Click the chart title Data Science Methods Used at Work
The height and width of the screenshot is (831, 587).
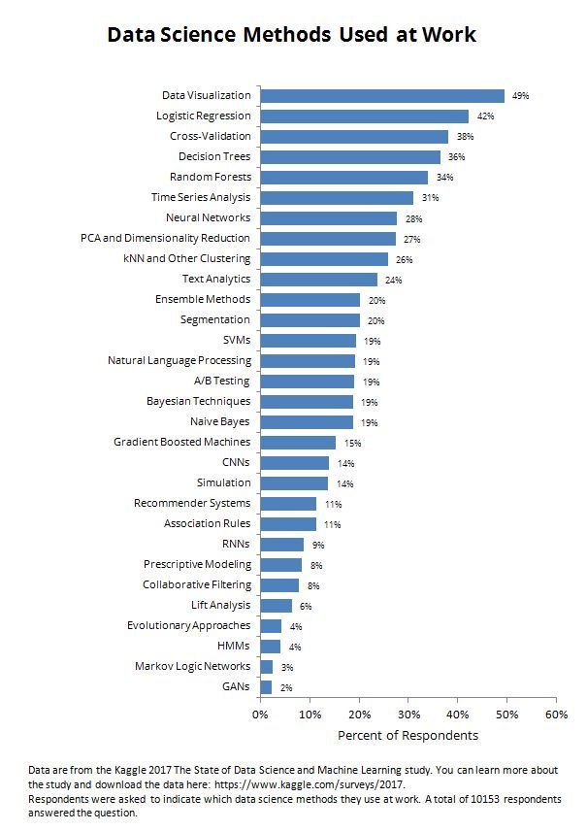click(292, 35)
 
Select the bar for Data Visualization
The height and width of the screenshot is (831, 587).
click(382, 95)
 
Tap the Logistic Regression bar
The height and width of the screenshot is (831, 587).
click(364, 116)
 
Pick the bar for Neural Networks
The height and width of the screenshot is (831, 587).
click(329, 218)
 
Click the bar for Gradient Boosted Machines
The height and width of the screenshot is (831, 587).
click(298, 443)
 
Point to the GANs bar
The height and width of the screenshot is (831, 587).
click(266, 687)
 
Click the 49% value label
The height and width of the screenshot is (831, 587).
click(520, 96)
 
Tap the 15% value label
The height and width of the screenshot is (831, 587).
click(352, 443)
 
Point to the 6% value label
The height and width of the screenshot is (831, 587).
click(306, 606)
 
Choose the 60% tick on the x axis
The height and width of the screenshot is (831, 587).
click(556, 715)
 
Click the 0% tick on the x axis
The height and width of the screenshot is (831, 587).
click(259, 715)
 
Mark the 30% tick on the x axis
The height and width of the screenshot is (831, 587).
click(408, 715)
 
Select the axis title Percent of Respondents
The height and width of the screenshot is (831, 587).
click(408, 735)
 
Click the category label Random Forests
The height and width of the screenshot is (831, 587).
click(210, 177)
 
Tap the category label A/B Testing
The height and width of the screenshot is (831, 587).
click(222, 381)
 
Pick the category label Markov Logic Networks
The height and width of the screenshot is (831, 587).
click(192, 666)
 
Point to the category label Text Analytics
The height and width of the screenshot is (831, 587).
click(215, 279)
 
